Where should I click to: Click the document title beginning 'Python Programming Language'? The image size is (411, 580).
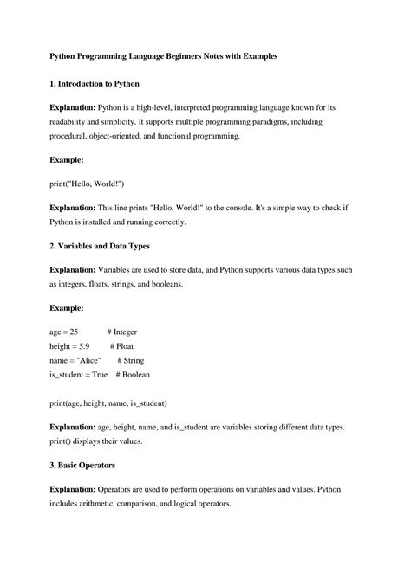click(163, 55)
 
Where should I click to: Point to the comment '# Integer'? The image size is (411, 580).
click(122, 332)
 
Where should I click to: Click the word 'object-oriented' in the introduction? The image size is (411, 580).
click(117, 136)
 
